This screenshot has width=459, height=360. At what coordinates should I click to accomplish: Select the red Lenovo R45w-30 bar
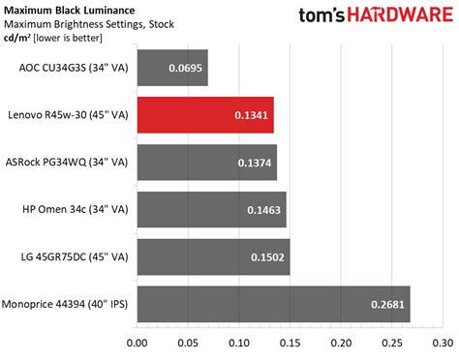click(205, 116)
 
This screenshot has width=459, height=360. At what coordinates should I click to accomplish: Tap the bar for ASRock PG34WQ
click(207, 163)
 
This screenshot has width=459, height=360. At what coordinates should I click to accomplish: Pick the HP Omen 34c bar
click(211, 209)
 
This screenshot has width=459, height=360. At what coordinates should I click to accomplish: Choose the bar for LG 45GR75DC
click(213, 255)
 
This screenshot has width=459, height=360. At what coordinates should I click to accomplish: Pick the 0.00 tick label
click(138, 342)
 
